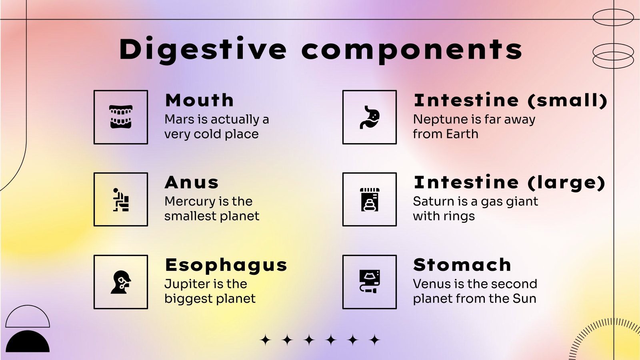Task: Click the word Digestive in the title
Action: pyautogui.click(x=203, y=50)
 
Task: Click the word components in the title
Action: pyautogui.click(x=412, y=50)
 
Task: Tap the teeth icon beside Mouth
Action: pyautogui.click(x=121, y=117)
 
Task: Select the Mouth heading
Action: pyautogui.click(x=199, y=100)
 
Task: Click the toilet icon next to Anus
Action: pyautogui.click(x=121, y=199)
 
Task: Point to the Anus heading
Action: pyautogui.click(x=192, y=182)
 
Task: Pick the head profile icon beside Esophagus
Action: pyautogui.click(x=121, y=282)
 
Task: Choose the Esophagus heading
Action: pyautogui.click(x=226, y=265)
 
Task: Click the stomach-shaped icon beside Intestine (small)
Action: pyautogui.click(x=370, y=117)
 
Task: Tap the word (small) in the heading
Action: pyautogui.click(x=567, y=100)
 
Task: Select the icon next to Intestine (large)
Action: pyautogui.click(x=370, y=199)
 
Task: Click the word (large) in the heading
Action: pyautogui.click(x=566, y=182)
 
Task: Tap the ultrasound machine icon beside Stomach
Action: pyautogui.click(x=370, y=282)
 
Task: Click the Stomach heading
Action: pyautogui.click(x=462, y=265)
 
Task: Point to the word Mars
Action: pyautogui.click(x=180, y=119)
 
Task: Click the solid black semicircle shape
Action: pyautogui.click(x=28, y=342)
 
